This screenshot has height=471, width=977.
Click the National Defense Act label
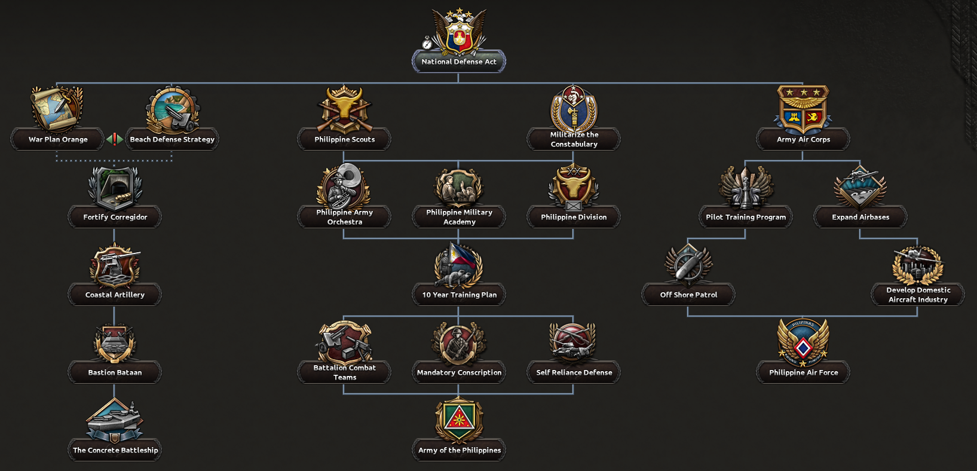tap(458, 62)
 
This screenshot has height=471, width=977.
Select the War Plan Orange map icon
tap(57, 108)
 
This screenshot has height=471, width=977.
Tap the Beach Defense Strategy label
tap(172, 139)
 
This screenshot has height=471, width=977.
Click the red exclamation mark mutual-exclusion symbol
tap(115, 139)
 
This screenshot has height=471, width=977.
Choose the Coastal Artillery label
tap(115, 295)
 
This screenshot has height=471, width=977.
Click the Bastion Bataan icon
tap(115, 343)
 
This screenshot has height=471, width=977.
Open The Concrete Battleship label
tap(115, 450)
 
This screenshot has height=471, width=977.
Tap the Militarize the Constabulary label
tap(574, 139)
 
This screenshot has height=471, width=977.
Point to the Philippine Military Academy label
tap(459, 217)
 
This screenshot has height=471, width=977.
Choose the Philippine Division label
tap(574, 217)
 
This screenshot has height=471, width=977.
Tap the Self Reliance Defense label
tap(574, 372)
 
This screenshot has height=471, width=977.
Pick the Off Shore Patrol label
tap(688, 295)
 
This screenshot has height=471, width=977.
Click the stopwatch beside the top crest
tap(427, 43)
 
